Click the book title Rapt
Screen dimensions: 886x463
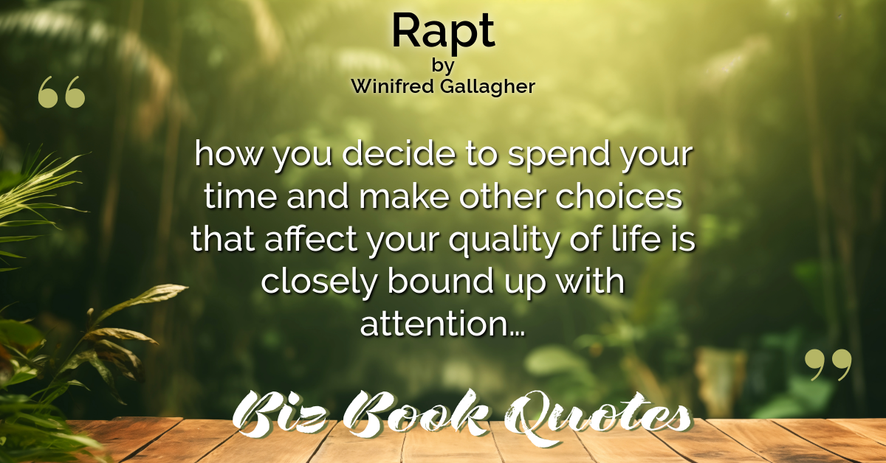point(443,32)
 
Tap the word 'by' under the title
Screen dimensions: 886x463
point(443,66)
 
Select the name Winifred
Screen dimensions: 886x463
point(392,86)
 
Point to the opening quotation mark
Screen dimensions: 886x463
point(61,92)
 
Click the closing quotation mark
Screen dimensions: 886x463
point(828,365)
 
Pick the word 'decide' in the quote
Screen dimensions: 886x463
point(399,153)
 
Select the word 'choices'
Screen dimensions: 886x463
point(619,196)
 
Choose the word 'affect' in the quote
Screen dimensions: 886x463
point(311,238)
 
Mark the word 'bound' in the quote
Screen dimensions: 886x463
point(440,280)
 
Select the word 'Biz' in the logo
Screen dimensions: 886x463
point(279,415)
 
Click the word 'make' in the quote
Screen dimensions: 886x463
point(404,196)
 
